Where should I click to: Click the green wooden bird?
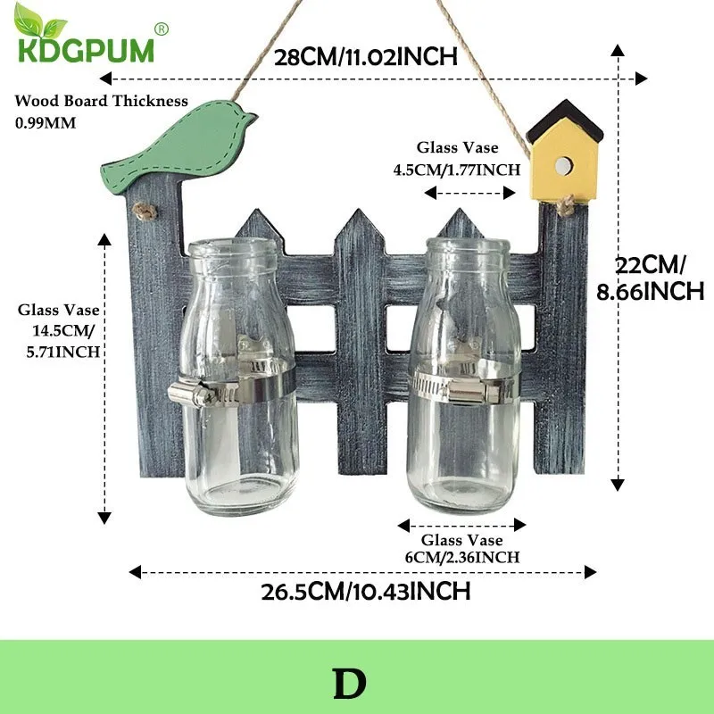178,145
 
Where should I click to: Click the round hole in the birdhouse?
563,166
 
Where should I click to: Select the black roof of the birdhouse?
565,120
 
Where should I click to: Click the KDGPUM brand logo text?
86,50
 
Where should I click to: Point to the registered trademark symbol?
162,29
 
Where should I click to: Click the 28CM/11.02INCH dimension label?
366,57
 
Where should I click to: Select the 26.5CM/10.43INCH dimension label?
366,592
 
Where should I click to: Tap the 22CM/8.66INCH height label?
651,278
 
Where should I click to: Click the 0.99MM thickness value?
46,123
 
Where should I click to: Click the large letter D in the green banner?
350,684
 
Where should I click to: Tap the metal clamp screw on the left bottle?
191,394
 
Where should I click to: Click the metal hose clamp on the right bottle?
464,387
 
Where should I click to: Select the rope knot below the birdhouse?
566,205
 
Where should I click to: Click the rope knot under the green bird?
145,212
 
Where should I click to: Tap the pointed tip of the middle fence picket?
359,210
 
